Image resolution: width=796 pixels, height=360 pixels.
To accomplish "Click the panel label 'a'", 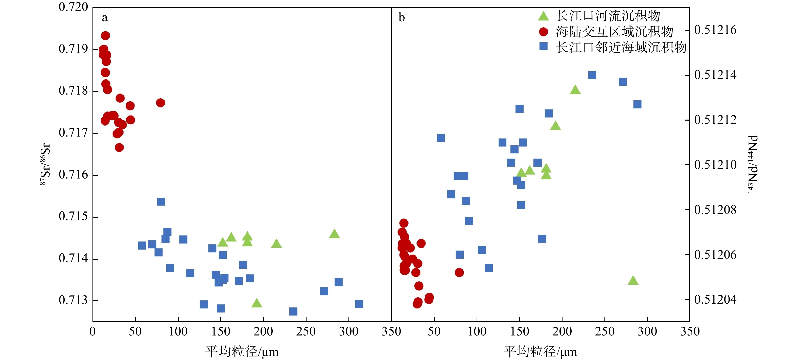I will click(105, 18).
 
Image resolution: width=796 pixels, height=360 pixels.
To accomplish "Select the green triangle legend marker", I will click(543, 16).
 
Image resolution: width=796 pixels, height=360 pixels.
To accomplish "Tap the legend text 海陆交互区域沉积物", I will click(614, 32).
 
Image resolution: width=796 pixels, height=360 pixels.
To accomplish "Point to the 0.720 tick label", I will click(73, 7).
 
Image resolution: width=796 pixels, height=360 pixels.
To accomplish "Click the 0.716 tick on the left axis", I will click(73, 175).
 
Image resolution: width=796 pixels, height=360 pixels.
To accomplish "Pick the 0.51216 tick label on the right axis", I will click(715, 30).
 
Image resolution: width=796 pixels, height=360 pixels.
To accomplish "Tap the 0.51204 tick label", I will click(715, 299).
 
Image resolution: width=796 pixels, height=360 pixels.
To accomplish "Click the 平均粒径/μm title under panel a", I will click(242, 352).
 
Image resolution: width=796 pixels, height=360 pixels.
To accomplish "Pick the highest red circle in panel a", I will click(105, 36).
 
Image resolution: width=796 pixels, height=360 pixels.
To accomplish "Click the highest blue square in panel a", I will click(161, 202).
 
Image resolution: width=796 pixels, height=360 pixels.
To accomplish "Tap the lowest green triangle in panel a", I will click(256, 303).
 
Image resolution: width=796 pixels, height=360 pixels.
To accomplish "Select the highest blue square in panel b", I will click(592, 75).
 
